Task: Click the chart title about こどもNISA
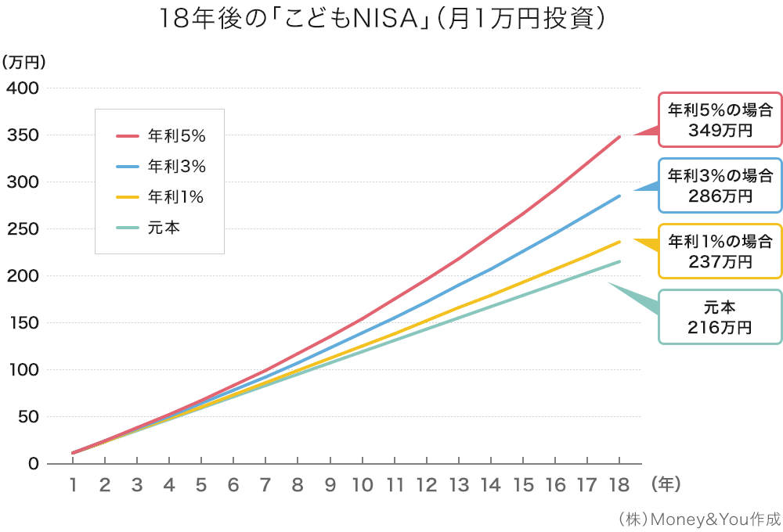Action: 383,20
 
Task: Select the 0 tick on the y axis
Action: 33,463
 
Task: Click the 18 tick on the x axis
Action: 619,485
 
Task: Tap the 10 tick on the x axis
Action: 362,485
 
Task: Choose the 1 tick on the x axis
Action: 73,485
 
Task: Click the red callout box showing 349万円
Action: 720,120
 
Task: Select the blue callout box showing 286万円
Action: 720,185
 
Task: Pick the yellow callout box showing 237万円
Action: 720,251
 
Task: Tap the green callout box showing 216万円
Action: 720,317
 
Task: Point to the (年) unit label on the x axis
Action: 666,485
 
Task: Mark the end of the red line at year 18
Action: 619,137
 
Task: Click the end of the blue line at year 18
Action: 619,196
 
